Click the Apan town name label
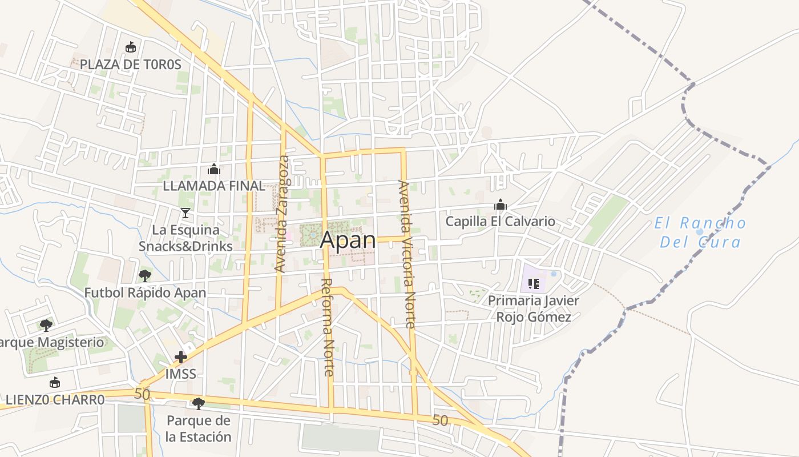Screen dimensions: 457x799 pyautogui.click(x=348, y=240)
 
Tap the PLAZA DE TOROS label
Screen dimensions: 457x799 pyautogui.click(x=130, y=65)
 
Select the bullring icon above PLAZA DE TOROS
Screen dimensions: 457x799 pyautogui.click(x=131, y=47)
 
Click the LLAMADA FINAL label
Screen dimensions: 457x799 pyautogui.click(x=213, y=186)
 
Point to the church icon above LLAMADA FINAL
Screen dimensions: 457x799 pyautogui.click(x=214, y=169)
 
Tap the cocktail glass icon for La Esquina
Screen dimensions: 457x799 pyautogui.click(x=185, y=213)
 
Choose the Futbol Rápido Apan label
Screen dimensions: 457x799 pyautogui.click(x=145, y=292)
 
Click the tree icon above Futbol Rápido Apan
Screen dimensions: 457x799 pyautogui.click(x=145, y=276)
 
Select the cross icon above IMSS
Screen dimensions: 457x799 pyautogui.click(x=181, y=358)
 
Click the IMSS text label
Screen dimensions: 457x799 pyautogui.click(x=180, y=374)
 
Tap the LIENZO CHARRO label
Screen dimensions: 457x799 pyautogui.click(x=55, y=399)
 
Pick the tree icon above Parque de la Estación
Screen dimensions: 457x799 pyautogui.click(x=198, y=404)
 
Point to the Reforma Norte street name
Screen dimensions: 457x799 pyautogui.click(x=328, y=327)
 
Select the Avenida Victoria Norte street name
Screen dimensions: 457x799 pyautogui.click(x=406, y=254)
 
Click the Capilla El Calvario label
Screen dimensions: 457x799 pyautogui.click(x=500, y=222)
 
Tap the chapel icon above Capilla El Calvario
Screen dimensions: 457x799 pyautogui.click(x=501, y=205)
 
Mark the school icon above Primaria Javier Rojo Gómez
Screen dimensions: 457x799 pyautogui.click(x=534, y=283)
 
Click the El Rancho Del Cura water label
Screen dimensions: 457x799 pyautogui.click(x=700, y=232)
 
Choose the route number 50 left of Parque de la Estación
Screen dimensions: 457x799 pyautogui.click(x=142, y=394)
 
